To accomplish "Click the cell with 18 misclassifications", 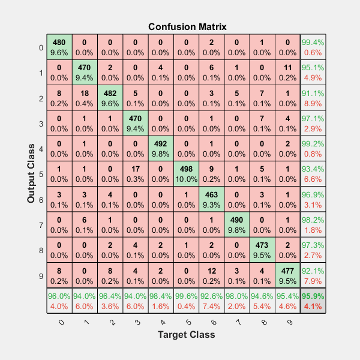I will click(85, 97).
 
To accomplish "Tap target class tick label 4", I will click(160, 321).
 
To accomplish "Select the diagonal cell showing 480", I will click(59, 47).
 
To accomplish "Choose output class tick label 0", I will click(40, 47).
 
